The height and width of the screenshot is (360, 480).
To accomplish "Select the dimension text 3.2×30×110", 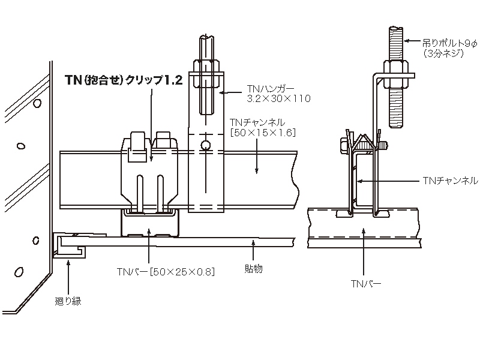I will point(278,98).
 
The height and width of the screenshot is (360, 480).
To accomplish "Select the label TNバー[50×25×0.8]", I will point(166,271).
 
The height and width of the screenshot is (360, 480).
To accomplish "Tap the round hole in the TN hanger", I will point(205,145).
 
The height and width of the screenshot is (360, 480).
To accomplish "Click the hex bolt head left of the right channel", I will point(344,145).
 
